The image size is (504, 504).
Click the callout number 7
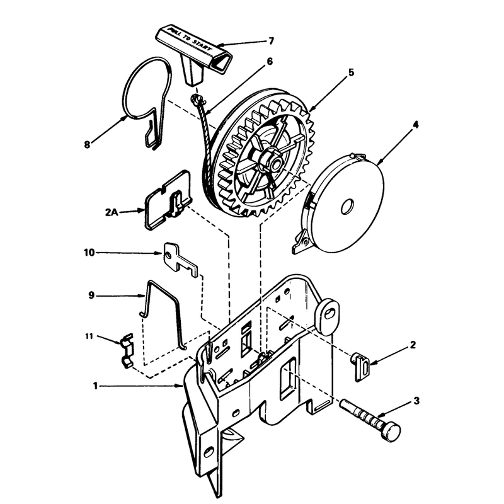pos(271,41)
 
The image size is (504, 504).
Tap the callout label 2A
pos(112,212)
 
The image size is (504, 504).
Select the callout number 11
pos(89,336)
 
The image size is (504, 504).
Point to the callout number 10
pos(89,253)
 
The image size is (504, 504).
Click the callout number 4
pos(416,124)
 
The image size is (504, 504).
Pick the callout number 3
pos(416,401)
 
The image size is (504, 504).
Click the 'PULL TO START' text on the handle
pos(191,40)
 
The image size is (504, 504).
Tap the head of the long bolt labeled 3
pos(391,432)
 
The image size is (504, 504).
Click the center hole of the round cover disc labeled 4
pos(347,207)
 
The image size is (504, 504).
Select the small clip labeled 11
pos(128,350)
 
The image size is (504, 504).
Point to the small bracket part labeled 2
pos(360,367)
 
